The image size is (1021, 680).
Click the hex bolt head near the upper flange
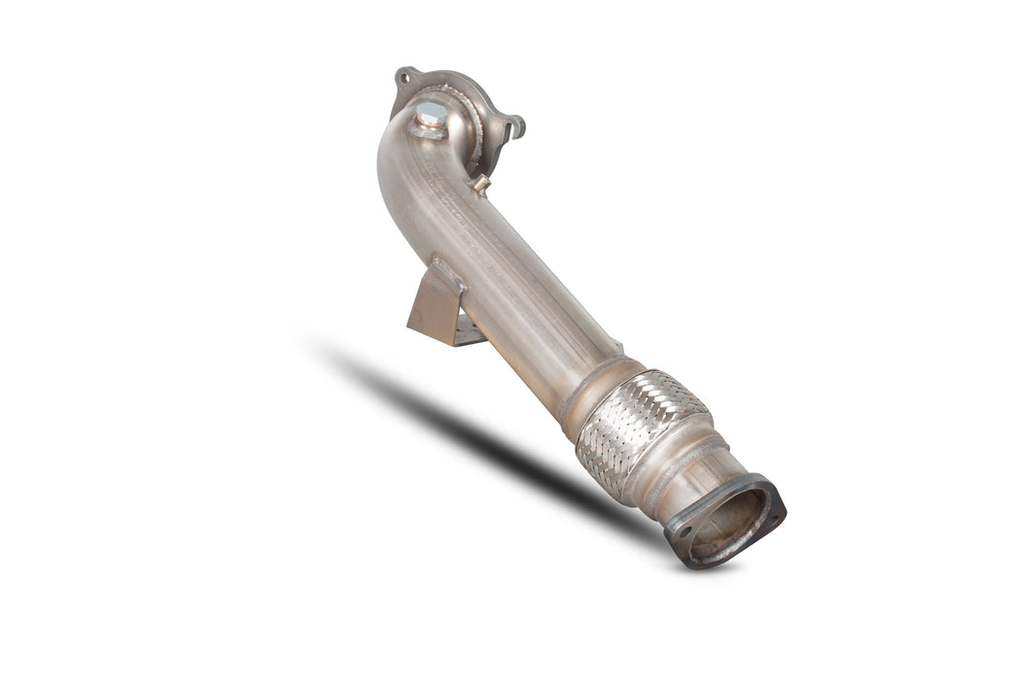[431, 114]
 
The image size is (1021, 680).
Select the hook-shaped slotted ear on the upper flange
[513, 126]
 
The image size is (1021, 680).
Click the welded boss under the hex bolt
[428, 128]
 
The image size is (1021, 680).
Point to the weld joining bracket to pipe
[449, 276]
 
